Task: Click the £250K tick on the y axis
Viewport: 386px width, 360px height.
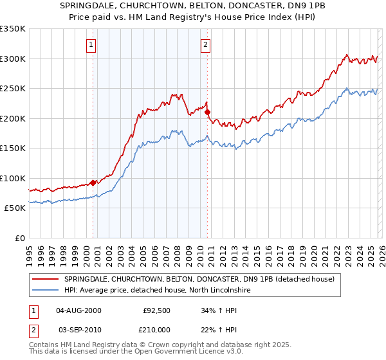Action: coord(13,89)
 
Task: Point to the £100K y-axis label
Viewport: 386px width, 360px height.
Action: coord(13,178)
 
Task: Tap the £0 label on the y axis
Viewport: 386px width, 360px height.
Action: coord(19,238)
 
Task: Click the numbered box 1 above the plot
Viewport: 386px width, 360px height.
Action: coord(91,45)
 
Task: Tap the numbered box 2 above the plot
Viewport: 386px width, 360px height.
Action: coord(205,45)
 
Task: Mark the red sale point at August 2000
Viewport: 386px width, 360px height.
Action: coord(93,183)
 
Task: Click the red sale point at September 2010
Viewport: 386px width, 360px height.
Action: coord(207,113)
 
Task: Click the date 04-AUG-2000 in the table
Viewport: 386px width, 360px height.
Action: coord(78,310)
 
